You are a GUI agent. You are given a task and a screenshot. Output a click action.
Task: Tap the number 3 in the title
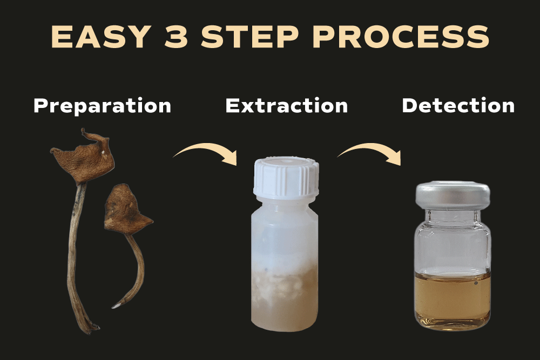tap(177, 37)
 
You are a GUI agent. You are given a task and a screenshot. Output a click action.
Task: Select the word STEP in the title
tap(249, 37)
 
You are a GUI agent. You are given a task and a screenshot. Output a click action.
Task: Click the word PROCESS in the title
tap(401, 37)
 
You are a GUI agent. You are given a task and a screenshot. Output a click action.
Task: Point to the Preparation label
tap(102, 105)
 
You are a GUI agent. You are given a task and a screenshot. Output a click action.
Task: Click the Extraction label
tap(287, 105)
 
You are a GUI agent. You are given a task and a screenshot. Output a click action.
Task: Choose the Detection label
tap(458, 105)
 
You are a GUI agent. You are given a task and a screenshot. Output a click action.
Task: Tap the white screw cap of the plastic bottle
tap(286, 178)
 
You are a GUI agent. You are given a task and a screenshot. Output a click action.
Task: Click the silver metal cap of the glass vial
tap(453, 195)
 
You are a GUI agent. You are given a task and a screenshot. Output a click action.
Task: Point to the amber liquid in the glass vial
tap(452, 298)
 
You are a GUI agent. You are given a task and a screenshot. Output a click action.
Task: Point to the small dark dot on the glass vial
tap(476, 283)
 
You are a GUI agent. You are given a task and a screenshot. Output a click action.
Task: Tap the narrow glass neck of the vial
tap(453, 216)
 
